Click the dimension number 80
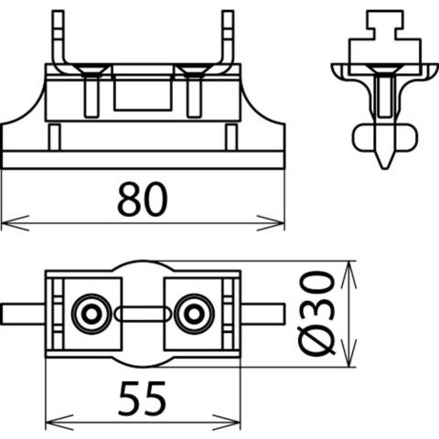(x=143, y=199)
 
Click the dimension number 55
(x=143, y=399)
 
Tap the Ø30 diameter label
(x=317, y=314)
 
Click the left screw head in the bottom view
(x=91, y=314)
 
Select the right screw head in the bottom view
(x=194, y=314)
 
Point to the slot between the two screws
(x=143, y=314)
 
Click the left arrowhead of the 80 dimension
(x=16, y=223)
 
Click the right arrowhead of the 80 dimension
(x=271, y=223)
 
